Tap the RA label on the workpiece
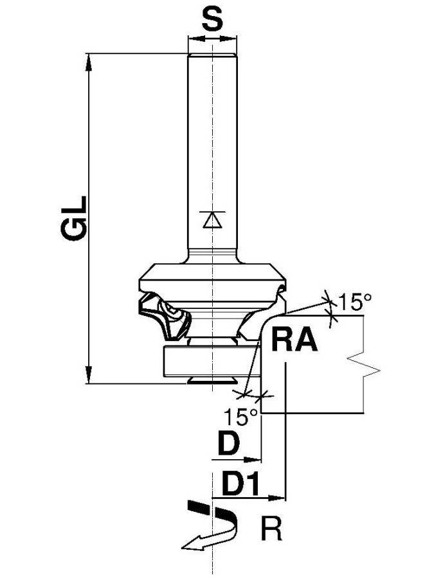pyautogui.click(x=294, y=340)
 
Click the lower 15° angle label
pyautogui.click(x=241, y=417)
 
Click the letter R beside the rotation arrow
pyautogui.click(x=271, y=531)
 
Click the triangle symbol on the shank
pyautogui.click(x=211, y=220)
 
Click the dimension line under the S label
pyautogui.click(x=212, y=39)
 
